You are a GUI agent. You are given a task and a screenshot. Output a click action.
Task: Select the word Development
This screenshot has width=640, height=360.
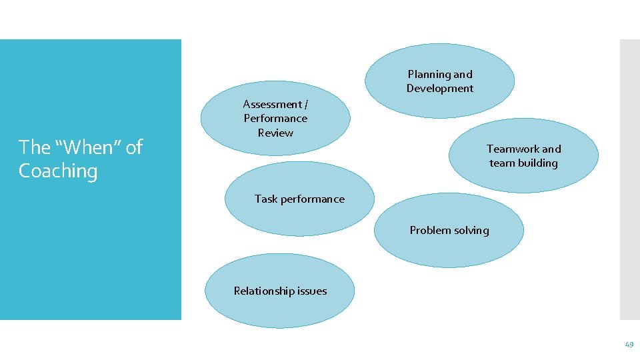[x=440, y=89]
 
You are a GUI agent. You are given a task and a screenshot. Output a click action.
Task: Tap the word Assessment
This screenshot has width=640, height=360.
[x=271, y=105]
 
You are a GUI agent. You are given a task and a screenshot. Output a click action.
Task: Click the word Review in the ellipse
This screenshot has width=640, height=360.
[x=275, y=133]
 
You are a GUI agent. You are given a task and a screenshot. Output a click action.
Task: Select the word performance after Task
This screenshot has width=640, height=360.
[x=312, y=199]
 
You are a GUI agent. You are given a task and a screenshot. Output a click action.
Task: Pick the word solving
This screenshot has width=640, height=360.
[x=471, y=231]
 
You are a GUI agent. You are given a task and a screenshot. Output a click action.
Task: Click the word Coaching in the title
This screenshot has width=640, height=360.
[x=58, y=171]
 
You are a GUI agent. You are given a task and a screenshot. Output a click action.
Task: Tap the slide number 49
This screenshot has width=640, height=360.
[x=629, y=345]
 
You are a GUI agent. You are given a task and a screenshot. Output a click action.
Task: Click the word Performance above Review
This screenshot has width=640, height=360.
[x=275, y=119]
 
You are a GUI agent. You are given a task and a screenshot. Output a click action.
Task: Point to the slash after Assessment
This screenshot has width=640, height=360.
[x=306, y=105]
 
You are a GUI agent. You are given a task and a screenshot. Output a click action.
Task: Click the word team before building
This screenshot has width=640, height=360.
[x=501, y=163]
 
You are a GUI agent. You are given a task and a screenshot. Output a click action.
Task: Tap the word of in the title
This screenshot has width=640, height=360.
[x=134, y=147]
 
